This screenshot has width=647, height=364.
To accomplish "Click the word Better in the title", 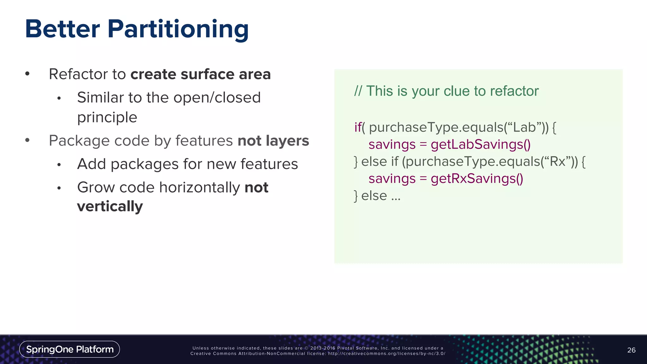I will tap(62, 29).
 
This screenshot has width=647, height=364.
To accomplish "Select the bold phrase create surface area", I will tap(201, 74).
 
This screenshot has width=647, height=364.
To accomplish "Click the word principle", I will tap(107, 117).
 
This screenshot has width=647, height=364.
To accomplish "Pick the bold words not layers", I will tap(273, 141).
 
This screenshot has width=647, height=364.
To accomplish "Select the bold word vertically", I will tap(110, 207).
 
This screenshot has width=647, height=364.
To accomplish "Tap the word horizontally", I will tap(200, 187).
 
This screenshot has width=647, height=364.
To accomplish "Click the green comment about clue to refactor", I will tap(446, 91).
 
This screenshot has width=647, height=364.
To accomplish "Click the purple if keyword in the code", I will tap(358, 127).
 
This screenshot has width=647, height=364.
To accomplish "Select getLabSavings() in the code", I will tap(481, 144).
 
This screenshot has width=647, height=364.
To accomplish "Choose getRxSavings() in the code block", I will tap(477, 179).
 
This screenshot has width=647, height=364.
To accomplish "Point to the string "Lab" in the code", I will tap(524, 127).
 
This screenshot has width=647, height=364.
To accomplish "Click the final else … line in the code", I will tap(377, 196).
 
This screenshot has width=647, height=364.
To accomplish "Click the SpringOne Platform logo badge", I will tap(70, 349).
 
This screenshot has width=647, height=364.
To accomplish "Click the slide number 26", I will tap(631, 350).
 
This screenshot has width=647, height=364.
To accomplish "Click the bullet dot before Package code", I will tap(27, 140).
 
